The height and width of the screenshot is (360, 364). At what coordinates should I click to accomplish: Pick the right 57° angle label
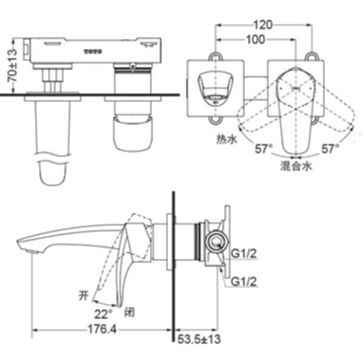tap(329, 148)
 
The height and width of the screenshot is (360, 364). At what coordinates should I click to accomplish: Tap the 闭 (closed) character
tap(128, 313)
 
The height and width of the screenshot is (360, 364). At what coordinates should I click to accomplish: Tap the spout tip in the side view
tap(25, 246)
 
